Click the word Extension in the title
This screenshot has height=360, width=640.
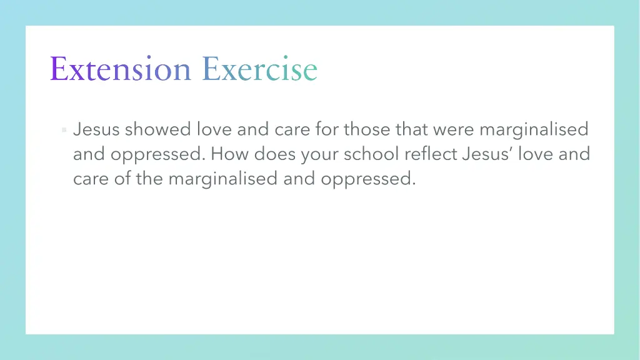120,69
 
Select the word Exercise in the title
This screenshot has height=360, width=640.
259,69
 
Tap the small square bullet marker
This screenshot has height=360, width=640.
64,130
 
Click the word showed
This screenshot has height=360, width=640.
157,129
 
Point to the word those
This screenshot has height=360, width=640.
367,129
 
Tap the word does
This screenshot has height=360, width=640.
275,154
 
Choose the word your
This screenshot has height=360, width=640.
319,154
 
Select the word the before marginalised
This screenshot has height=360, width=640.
149,179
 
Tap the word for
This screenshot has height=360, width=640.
327,129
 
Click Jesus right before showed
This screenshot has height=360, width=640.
96,129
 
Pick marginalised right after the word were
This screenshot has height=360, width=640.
534,129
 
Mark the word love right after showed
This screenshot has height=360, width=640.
214,129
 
